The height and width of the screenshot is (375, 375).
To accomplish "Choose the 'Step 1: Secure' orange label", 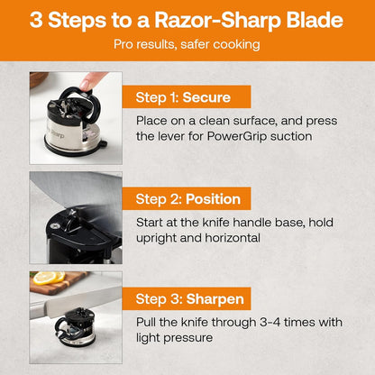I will click(x=183, y=96).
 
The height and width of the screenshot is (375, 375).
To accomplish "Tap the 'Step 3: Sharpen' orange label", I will click(x=189, y=297).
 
